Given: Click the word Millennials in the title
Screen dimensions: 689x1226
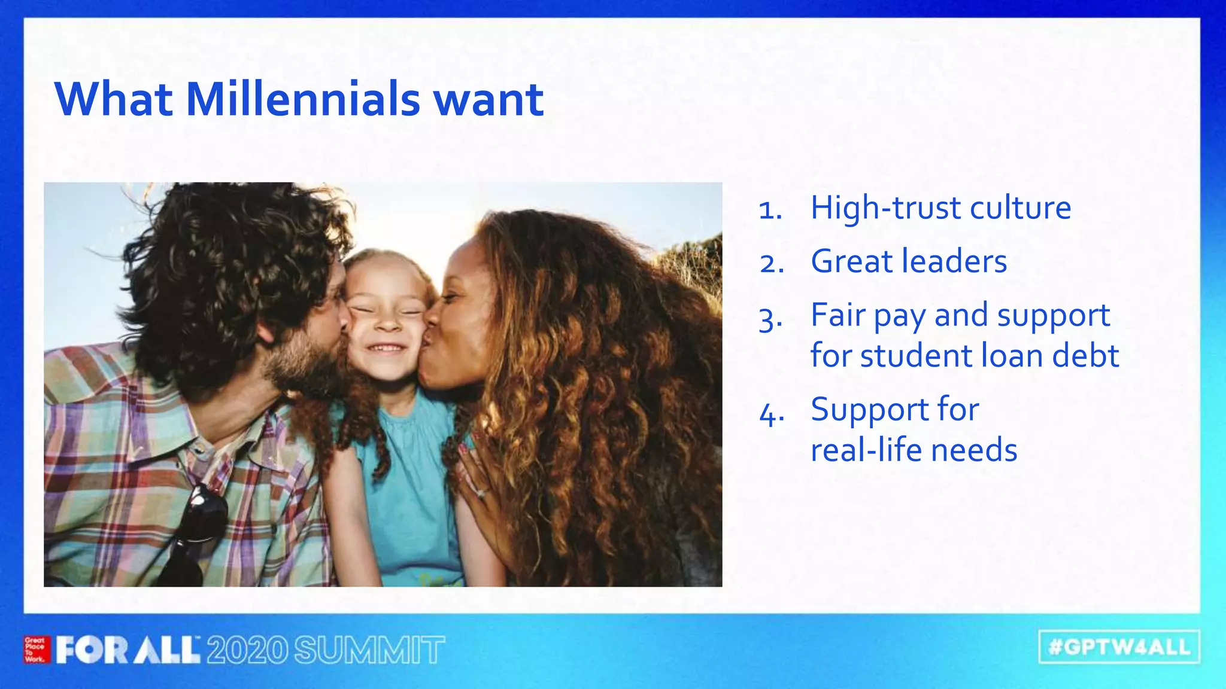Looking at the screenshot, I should pyautogui.click(x=303, y=99).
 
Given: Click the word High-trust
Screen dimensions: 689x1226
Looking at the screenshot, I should pyautogui.click(x=885, y=208).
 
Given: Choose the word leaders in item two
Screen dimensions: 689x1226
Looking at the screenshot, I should pyautogui.click(x=954, y=261).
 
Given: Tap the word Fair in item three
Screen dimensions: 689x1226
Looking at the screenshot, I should pyautogui.click(x=837, y=315).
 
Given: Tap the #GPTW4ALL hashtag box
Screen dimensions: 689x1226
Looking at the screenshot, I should pyautogui.click(x=1119, y=647).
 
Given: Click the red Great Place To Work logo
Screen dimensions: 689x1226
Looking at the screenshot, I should pyautogui.click(x=36, y=650).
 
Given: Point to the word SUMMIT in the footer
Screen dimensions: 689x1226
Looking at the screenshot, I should pyautogui.click(x=369, y=650).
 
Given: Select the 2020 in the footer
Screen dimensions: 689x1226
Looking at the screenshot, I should pyautogui.click(x=247, y=650).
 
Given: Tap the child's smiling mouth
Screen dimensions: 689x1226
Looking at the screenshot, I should pyautogui.click(x=386, y=347).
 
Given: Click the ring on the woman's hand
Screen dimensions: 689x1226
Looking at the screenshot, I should pyautogui.click(x=482, y=493).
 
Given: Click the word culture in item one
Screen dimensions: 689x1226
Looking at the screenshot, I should pyautogui.click(x=1020, y=208).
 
